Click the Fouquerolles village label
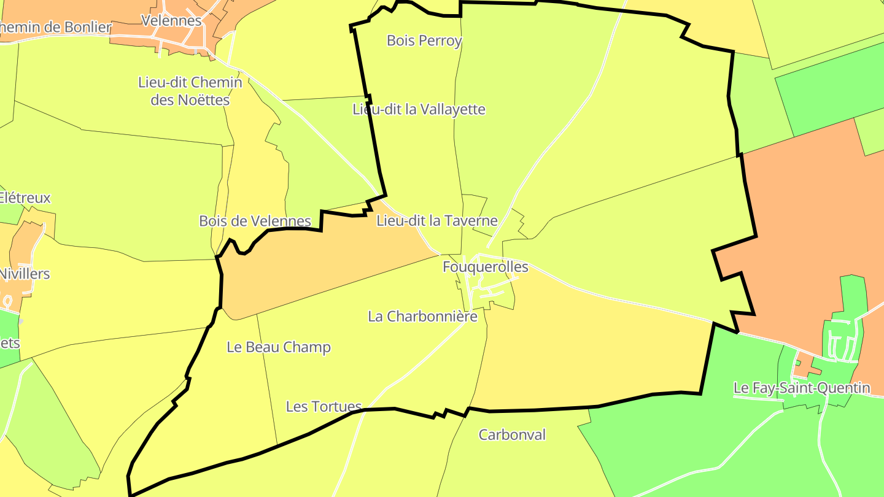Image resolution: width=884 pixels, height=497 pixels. [485, 267]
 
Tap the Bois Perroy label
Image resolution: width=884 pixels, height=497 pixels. [424, 40]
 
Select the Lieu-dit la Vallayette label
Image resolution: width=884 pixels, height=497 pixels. [419, 109]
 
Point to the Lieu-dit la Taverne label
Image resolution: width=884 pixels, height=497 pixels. [436, 220]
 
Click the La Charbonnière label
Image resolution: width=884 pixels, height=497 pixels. [422, 316]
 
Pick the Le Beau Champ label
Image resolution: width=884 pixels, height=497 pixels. [279, 347]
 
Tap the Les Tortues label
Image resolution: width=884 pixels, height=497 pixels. [324, 406]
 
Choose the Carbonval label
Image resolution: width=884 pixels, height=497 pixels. [512, 434]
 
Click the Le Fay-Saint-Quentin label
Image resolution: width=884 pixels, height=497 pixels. [802, 388]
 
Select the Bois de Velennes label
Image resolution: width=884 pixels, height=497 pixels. [255, 221]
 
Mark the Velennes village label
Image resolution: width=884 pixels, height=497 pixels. [171, 20]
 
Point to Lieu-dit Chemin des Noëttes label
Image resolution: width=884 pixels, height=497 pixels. [190, 91]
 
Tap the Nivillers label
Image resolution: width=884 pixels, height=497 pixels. [25, 273]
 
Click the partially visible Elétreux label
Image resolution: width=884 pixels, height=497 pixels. [25, 198]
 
